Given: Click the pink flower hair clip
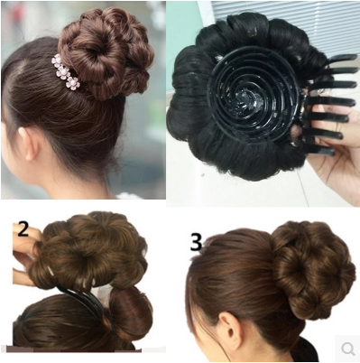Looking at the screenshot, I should [66, 72].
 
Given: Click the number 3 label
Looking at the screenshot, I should [196, 242].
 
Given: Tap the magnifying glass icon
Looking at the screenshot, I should [346, 348].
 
